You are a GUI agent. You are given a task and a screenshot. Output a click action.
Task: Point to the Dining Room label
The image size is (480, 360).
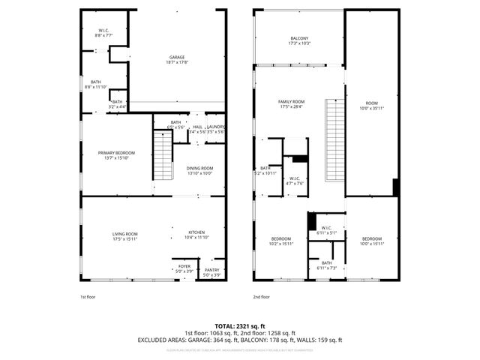(x=199, y=170)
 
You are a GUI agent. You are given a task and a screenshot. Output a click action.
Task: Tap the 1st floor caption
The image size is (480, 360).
(x=88, y=297)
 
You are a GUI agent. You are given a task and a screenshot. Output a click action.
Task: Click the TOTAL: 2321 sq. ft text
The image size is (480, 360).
(x=240, y=326)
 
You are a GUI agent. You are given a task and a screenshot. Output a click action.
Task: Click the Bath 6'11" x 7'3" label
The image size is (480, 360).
(x=327, y=265)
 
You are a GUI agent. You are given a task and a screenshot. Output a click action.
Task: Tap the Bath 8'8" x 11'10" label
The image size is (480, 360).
(x=96, y=84)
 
